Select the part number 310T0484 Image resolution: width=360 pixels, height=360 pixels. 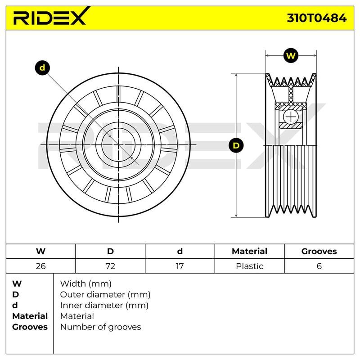click(x=317, y=18)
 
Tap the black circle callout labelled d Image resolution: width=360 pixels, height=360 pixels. click(x=42, y=68)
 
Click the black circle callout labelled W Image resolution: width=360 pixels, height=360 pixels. click(x=291, y=55)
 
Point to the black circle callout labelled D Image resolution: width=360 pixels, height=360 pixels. click(x=236, y=145)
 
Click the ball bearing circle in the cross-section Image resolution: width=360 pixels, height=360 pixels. click(x=291, y=117)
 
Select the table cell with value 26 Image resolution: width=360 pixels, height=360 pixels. click(x=40, y=266)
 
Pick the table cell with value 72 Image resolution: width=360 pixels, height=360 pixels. click(x=110, y=266)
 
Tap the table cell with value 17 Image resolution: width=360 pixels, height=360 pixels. click(x=180, y=266)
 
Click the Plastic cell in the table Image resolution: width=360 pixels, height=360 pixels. click(x=250, y=266)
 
